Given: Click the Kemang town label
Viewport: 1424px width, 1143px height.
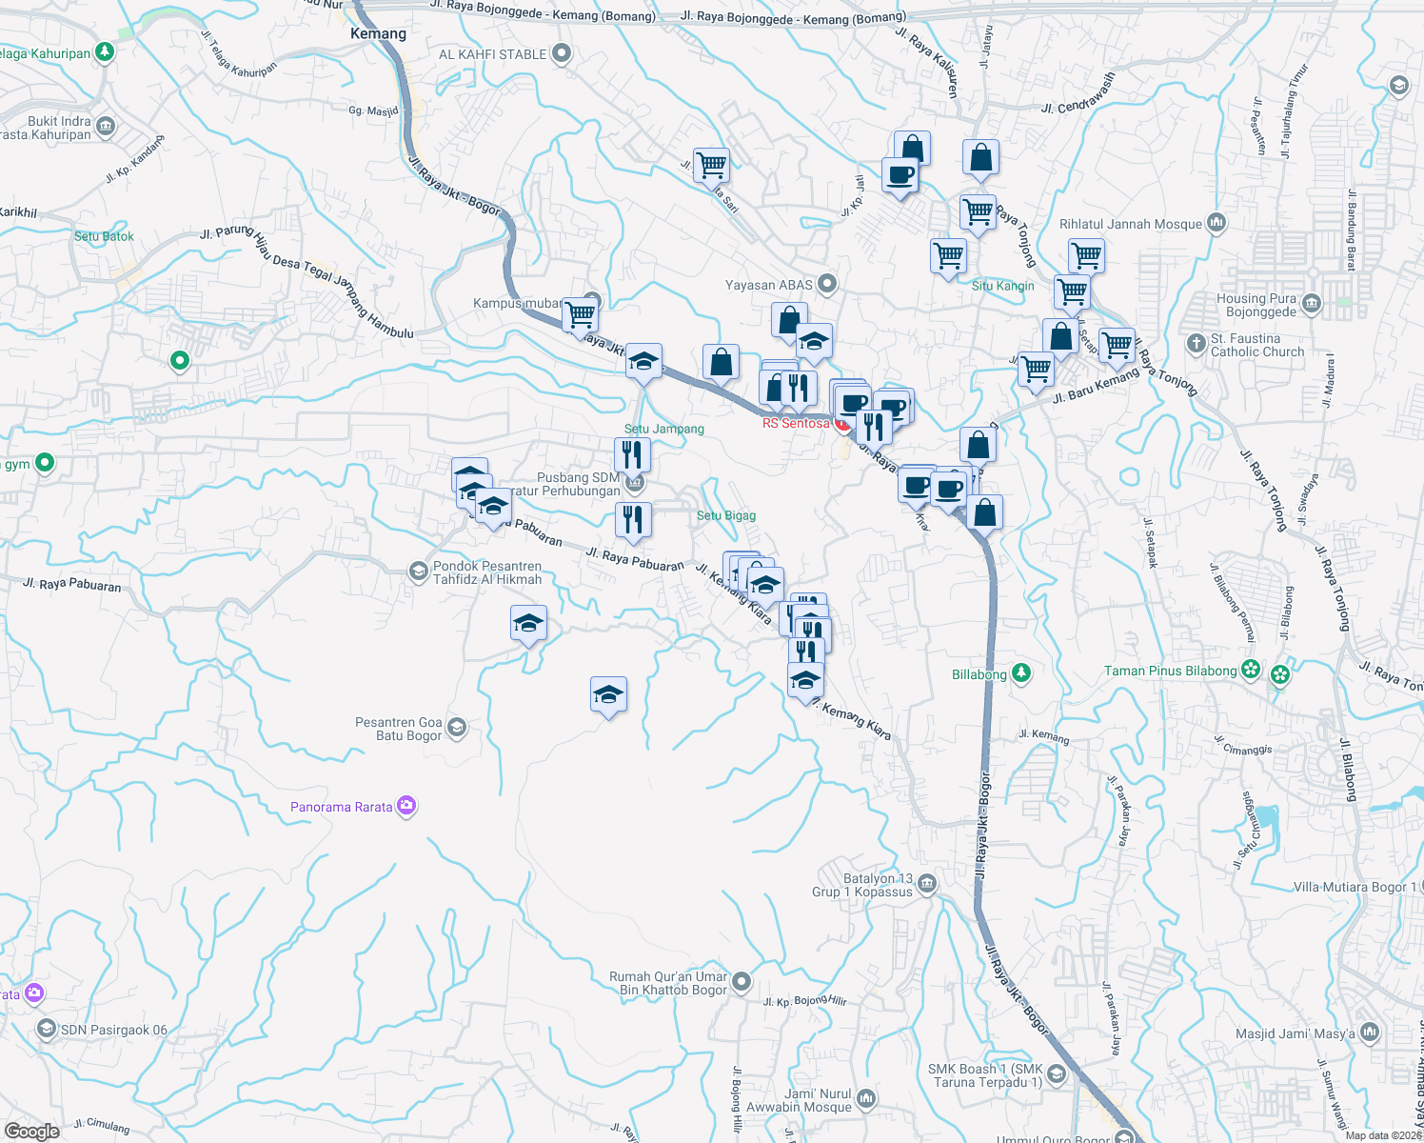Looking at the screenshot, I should (x=378, y=34).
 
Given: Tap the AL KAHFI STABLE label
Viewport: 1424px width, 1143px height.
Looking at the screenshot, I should (x=492, y=54).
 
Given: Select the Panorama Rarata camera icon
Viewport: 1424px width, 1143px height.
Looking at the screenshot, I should (x=407, y=807).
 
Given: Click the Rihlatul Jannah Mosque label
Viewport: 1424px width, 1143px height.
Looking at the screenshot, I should (x=1130, y=224).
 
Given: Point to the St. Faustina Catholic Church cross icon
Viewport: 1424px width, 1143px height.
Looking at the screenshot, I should (x=1197, y=343).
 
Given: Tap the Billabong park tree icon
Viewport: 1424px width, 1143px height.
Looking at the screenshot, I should (x=1021, y=673).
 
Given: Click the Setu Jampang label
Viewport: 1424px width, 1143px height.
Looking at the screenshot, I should (x=663, y=429).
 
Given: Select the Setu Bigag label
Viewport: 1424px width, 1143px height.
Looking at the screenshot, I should (x=725, y=515).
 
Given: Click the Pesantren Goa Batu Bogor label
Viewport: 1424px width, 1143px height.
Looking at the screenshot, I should (x=398, y=729).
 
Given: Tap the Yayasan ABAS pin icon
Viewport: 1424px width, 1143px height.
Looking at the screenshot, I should (x=827, y=284).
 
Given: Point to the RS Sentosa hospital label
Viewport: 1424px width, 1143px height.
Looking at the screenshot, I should (x=796, y=423).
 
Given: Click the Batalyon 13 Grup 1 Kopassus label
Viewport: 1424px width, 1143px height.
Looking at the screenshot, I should (x=863, y=885).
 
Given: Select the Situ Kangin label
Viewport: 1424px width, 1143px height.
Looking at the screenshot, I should (x=1002, y=286).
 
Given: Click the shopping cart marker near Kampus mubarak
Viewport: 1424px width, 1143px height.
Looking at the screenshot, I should (x=580, y=314).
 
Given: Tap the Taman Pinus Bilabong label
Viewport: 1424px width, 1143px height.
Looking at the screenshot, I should (x=1170, y=671).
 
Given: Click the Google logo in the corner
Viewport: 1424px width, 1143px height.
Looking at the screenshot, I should (x=31, y=1131).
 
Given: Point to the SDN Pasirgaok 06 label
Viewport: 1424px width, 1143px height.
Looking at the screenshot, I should (x=113, y=1030).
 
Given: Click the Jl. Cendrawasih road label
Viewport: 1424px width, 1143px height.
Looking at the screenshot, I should (x=1077, y=95).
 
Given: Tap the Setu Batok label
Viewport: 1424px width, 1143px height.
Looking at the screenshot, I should (x=104, y=236).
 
